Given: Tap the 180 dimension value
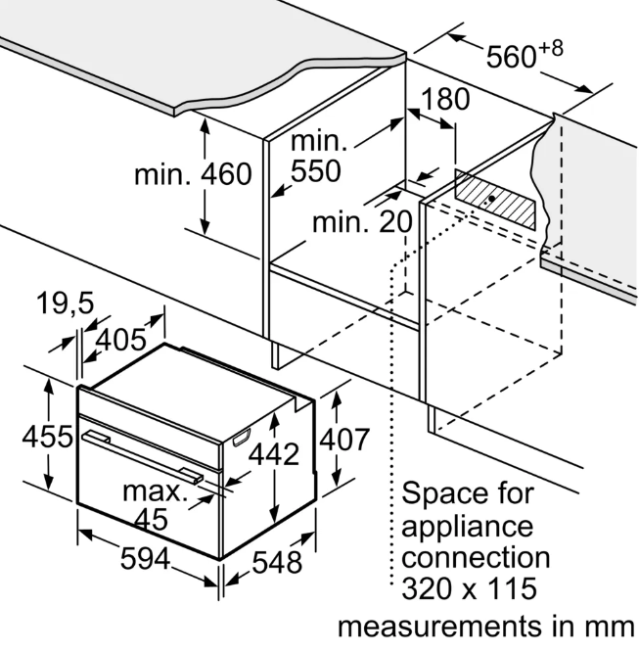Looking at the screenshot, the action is click(x=445, y=99).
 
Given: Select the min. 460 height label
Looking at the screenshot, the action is click(x=193, y=173).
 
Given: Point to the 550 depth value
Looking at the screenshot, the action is click(x=316, y=170).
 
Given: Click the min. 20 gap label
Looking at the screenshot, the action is click(x=362, y=222).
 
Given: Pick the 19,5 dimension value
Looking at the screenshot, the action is click(x=66, y=303).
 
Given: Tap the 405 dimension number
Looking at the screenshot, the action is click(x=121, y=340).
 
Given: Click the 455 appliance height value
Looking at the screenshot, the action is click(x=47, y=437).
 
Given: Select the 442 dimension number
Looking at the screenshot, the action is click(x=274, y=454).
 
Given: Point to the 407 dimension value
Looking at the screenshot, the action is click(x=344, y=440).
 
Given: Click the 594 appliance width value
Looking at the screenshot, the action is click(x=145, y=559).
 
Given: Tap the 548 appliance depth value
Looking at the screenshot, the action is click(x=277, y=562).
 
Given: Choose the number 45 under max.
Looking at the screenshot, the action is click(x=152, y=519).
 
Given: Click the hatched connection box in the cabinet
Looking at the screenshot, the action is click(x=495, y=200).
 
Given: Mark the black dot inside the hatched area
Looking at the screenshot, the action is click(x=491, y=199).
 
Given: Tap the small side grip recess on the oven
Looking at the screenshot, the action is click(x=242, y=438).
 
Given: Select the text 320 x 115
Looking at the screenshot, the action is click(x=469, y=588).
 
